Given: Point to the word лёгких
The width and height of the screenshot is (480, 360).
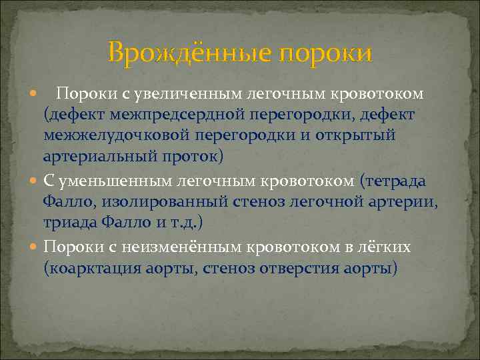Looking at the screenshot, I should click(387, 247).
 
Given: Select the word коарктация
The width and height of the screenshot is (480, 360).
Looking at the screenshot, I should click(92, 269).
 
